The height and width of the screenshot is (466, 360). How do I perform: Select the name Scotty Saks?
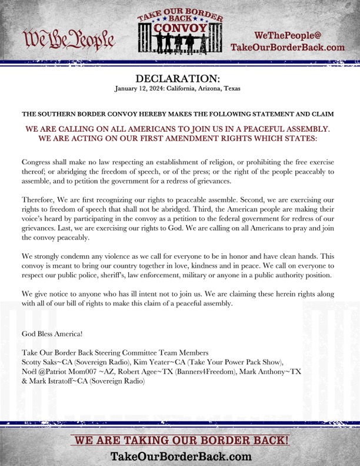(42, 361)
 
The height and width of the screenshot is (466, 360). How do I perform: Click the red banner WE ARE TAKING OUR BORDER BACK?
(180, 440)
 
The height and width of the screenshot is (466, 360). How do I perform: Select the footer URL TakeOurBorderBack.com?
(181, 456)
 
